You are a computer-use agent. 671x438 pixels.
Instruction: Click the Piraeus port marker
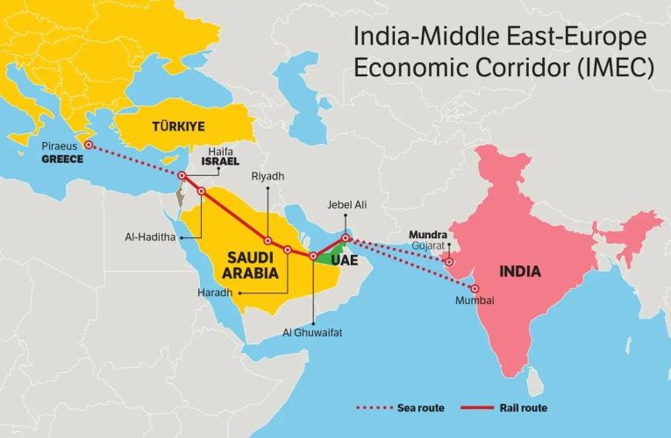pos(88,145)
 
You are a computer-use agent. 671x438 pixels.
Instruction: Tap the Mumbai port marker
pos(475,288)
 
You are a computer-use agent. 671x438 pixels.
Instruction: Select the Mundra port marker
pos(449,262)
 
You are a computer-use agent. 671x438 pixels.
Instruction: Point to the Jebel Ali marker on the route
pos(346,237)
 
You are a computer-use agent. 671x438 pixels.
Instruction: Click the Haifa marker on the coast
pos(181,176)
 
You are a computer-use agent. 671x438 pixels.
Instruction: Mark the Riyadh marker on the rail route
pos(268,240)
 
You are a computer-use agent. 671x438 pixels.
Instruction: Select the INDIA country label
pos(520,272)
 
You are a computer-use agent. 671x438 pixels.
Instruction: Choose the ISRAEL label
pos(219,162)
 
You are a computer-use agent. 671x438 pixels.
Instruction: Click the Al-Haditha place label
pos(152,237)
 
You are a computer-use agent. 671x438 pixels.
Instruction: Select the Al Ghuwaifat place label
pos(313,335)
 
